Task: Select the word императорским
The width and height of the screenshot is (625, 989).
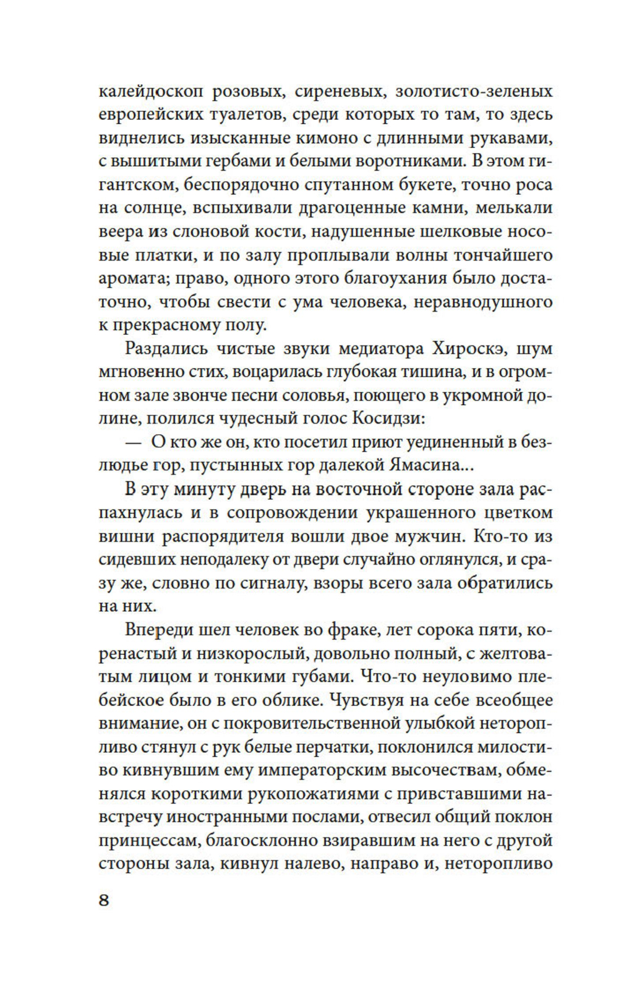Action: tap(334, 770)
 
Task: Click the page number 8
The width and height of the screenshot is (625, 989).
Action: tap(104, 900)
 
